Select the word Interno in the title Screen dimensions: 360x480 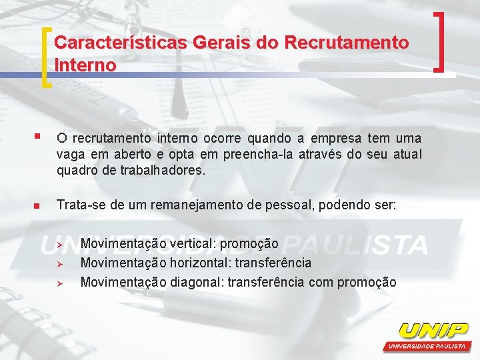[x=85, y=65]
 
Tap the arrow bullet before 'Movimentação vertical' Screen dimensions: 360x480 [x=59, y=245]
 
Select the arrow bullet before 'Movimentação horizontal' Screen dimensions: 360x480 [x=59, y=264]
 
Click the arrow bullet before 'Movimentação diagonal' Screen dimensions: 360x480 [x=59, y=283]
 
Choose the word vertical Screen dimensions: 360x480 [x=192, y=244]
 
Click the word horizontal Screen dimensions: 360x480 [x=199, y=263]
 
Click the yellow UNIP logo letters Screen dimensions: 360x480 [x=433, y=330]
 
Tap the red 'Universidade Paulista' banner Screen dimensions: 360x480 [x=427, y=347]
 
